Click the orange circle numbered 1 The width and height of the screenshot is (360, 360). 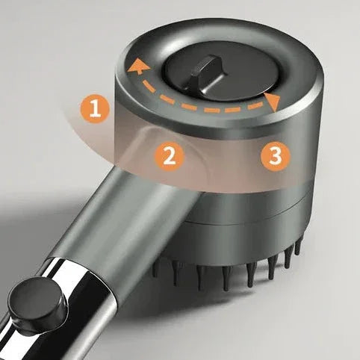(x=95, y=109)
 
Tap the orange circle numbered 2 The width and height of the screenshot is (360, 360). (x=170, y=156)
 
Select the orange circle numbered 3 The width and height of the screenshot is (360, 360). (x=276, y=156)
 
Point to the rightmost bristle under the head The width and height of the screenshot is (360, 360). (x=297, y=247)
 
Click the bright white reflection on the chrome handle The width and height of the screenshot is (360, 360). (x=72, y=274)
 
